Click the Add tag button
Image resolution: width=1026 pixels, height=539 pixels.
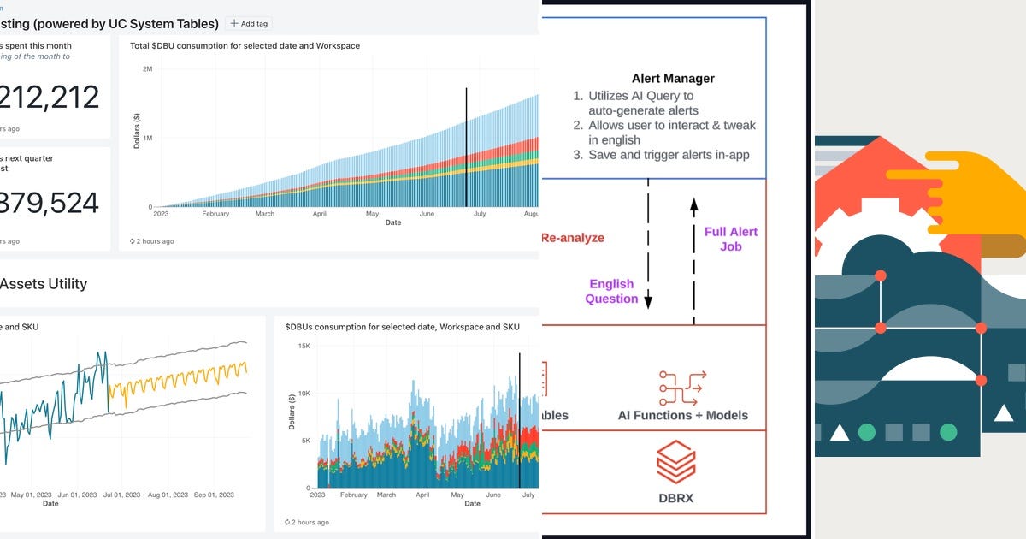coord(249,24)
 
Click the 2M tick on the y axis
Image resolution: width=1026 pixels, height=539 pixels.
coord(147,68)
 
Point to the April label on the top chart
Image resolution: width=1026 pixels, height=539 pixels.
coord(320,214)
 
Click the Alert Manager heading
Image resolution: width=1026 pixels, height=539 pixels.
coord(673,79)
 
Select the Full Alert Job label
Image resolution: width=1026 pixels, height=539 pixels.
coord(730,239)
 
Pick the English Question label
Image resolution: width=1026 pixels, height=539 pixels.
coord(611,291)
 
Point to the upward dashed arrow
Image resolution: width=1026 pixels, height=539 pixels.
coord(693,257)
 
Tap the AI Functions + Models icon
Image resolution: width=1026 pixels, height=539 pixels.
coord(682,388)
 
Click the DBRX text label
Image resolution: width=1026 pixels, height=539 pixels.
coord(675,496)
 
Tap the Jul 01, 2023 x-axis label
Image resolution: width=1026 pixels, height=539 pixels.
coord(126,495)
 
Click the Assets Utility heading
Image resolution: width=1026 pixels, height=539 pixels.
coord(43,284)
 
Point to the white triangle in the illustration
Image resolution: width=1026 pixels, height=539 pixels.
coord(839,433)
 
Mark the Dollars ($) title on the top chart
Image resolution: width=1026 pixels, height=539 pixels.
coord(136,128)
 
